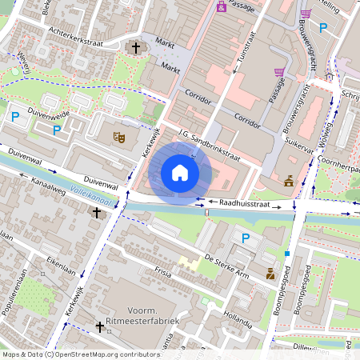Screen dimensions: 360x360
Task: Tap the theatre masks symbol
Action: [120, 137]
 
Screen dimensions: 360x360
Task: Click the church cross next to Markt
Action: [136, 49]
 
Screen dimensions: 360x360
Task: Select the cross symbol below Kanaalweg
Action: [98, 213]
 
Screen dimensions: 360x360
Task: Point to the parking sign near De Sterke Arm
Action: [246, 238]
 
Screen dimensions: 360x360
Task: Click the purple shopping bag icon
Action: [222, 6]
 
